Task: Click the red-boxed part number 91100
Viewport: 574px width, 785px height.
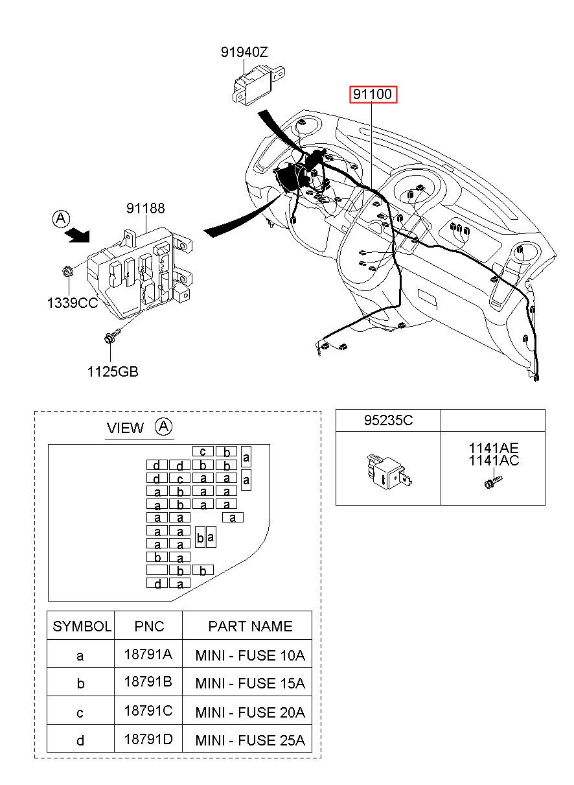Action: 373,94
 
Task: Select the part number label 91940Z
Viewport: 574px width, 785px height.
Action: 244,53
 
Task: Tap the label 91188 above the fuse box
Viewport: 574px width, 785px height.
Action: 145,208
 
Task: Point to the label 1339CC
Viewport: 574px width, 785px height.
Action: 72,303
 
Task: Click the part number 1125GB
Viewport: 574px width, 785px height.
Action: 113,371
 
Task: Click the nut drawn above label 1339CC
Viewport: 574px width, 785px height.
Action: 67,271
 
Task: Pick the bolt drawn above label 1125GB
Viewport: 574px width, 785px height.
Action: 113,335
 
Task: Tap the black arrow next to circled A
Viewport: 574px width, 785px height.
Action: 77,235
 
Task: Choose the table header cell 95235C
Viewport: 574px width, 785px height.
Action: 388,420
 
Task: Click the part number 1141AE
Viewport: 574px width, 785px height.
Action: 494,448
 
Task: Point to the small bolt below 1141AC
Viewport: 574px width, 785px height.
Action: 492,482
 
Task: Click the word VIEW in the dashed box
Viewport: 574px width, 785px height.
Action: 125,428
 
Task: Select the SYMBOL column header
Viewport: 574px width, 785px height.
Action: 81,626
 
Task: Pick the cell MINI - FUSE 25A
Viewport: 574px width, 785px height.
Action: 250,740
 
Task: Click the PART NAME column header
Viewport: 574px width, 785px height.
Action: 250,626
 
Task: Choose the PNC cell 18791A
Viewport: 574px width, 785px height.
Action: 148,654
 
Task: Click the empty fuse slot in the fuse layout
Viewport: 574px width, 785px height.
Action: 157,570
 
